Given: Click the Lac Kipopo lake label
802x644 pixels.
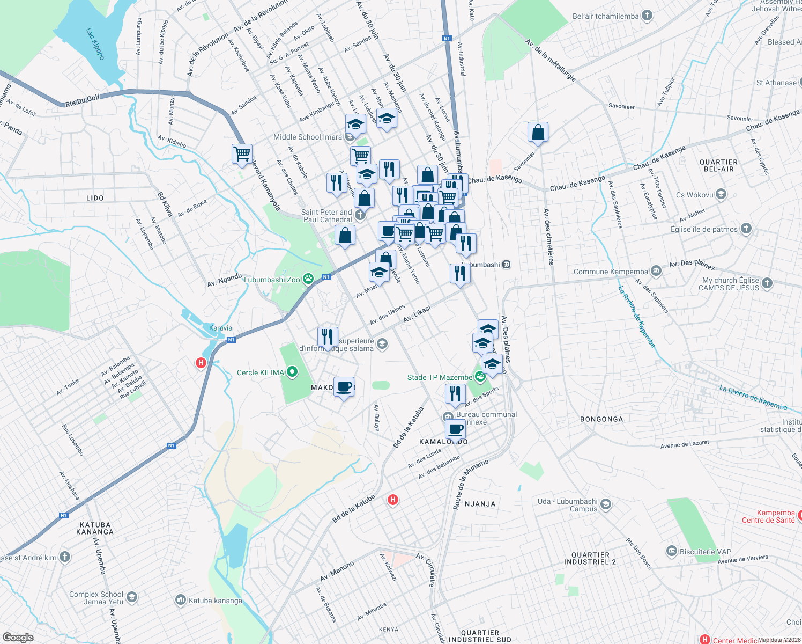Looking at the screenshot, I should [96, 43].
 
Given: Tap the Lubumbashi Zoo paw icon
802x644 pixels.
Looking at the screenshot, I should [308, 279].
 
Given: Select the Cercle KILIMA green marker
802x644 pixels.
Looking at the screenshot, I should [292, 371].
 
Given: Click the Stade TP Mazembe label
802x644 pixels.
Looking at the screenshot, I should [440, 377].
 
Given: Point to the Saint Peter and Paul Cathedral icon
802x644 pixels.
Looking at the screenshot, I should [360, 215].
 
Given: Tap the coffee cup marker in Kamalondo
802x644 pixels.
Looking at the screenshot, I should [455, 430].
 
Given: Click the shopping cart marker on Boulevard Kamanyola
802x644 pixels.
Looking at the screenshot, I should [242, 153].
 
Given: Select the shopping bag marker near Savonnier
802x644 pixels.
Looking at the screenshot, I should [538, 132].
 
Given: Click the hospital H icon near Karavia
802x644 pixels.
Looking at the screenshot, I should [201, 363].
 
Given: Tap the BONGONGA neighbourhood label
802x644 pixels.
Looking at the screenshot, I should [601, 419].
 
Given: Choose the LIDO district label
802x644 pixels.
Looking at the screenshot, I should [95, 198].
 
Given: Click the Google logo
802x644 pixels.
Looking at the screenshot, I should [18, 637].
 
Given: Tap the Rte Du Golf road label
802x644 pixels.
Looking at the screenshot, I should [83, 99].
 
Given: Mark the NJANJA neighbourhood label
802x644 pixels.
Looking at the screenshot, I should [480, 504].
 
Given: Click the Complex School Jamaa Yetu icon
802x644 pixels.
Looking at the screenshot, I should [132, 597].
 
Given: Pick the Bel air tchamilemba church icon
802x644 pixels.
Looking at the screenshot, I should [647, 16].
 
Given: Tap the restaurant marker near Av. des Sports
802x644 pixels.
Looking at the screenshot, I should [455, 394].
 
